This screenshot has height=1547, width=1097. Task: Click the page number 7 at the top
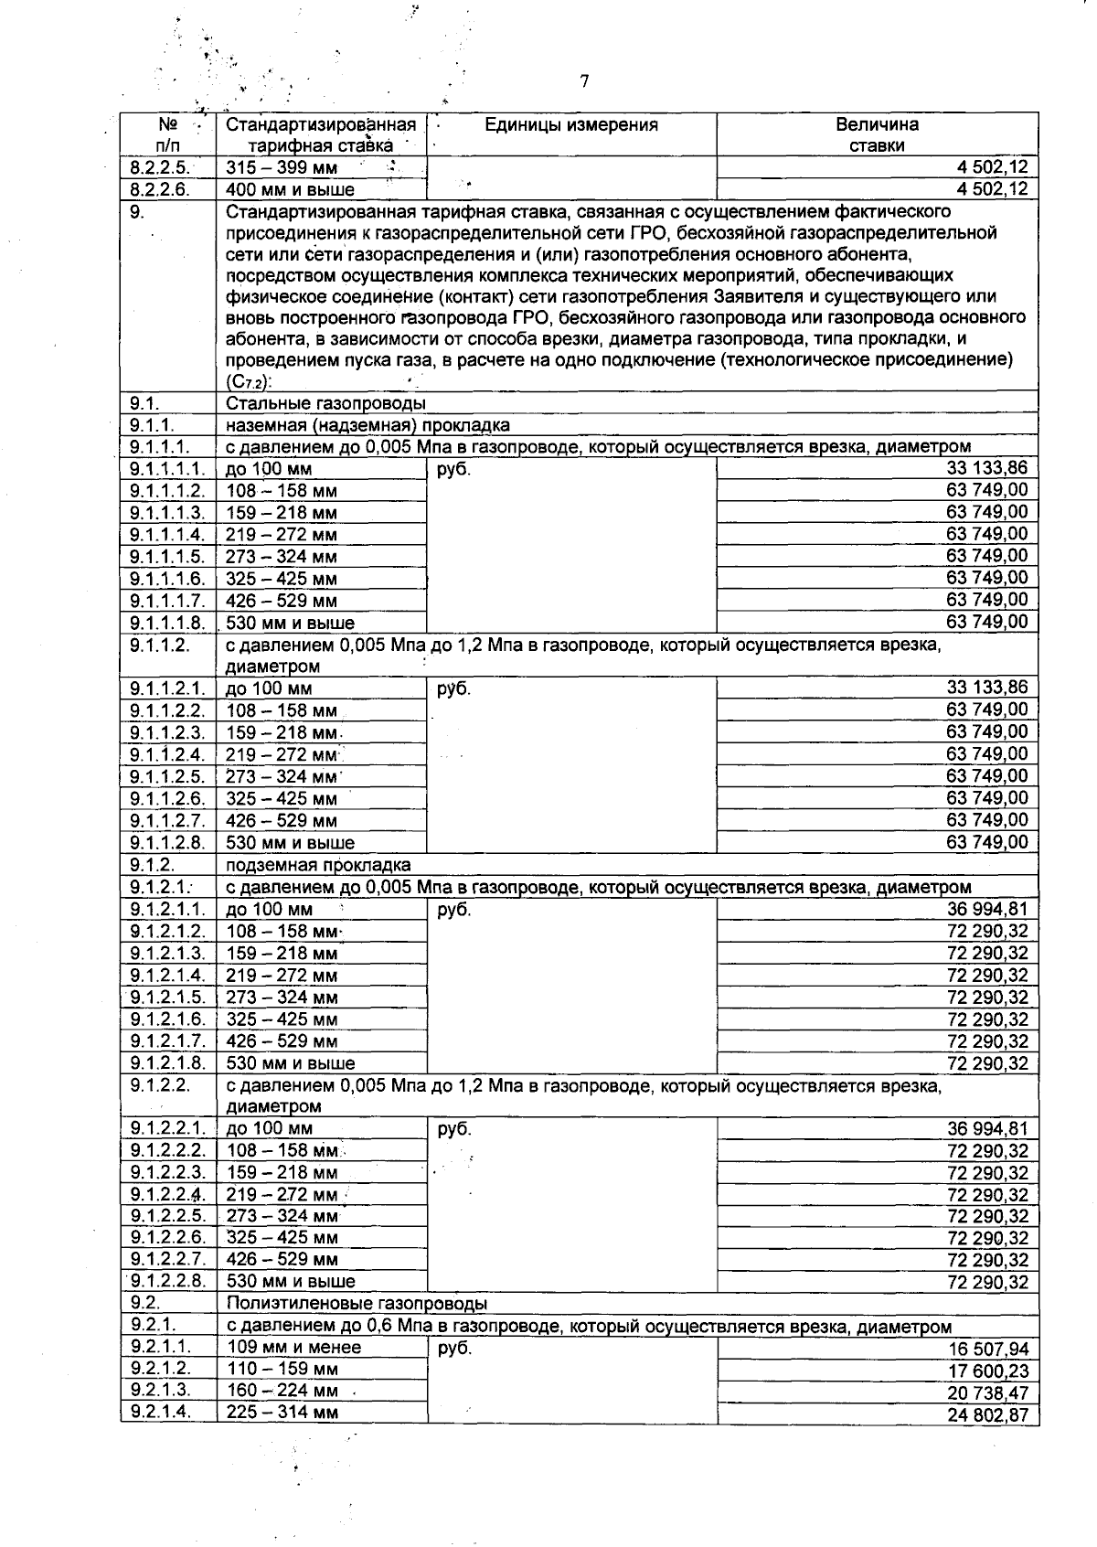(583, 81)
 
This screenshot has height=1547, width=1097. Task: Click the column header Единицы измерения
(570, 125)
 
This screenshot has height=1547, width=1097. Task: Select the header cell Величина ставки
(877, 134)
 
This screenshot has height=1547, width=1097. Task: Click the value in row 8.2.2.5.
(991, 167)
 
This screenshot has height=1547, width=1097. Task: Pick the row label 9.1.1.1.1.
(166, 468)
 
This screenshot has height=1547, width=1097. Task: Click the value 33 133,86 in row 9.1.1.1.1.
(986, 468)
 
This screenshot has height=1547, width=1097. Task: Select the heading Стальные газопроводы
(325, 402)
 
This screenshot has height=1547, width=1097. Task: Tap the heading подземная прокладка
(318, 865)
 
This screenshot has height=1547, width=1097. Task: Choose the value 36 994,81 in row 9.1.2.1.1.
(987, 909)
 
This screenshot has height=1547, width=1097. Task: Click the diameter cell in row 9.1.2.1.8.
(291, 1063)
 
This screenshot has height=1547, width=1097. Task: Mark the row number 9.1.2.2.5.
(166, 1216)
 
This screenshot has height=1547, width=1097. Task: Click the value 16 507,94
(988, 1350)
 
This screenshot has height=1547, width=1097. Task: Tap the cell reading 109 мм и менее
(293, 1347)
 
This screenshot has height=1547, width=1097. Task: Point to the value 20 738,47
(987, 1393)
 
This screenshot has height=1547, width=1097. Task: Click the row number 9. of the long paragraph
(139, 212)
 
